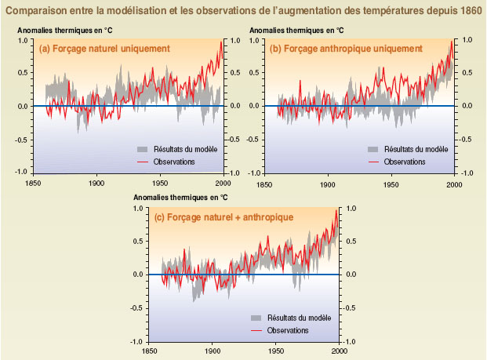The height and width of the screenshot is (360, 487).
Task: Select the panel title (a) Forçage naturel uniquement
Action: (105, 49)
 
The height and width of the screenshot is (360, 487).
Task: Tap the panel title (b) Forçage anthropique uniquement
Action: (346, 49)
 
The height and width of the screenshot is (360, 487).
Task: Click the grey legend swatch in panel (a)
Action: (143, 148)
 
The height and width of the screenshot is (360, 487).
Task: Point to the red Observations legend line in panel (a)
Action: (143, 161)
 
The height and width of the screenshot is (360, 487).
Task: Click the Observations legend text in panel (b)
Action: (404, 161)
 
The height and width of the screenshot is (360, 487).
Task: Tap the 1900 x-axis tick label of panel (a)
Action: (96, 183)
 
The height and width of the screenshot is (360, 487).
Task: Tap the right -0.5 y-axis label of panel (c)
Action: (350, 308)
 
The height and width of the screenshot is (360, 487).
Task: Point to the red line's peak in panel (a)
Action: (221, 41)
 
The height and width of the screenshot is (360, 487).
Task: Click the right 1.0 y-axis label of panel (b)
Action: (465, 40)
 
